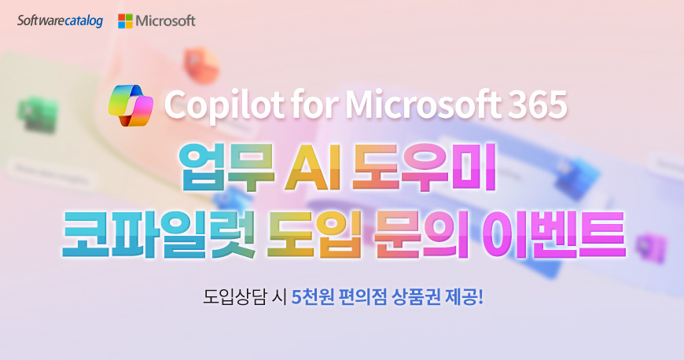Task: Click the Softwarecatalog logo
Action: tap(61, 21)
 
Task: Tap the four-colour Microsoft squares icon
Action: tap(125, 21)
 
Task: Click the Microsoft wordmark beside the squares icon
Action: tap(165, 21)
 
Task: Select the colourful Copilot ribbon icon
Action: tap(131, 105)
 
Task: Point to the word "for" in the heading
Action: tap(314, 105)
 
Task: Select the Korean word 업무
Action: tap(227, 168)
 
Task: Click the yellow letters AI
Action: tap(313, 168)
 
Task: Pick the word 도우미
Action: tap(424, 168)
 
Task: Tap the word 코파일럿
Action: tap(159, 234)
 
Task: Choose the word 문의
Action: tap(421, 234)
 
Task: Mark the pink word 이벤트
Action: tap(553, 234)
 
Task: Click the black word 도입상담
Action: tap(234, 298)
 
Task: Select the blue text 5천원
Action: tap(313, 298)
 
